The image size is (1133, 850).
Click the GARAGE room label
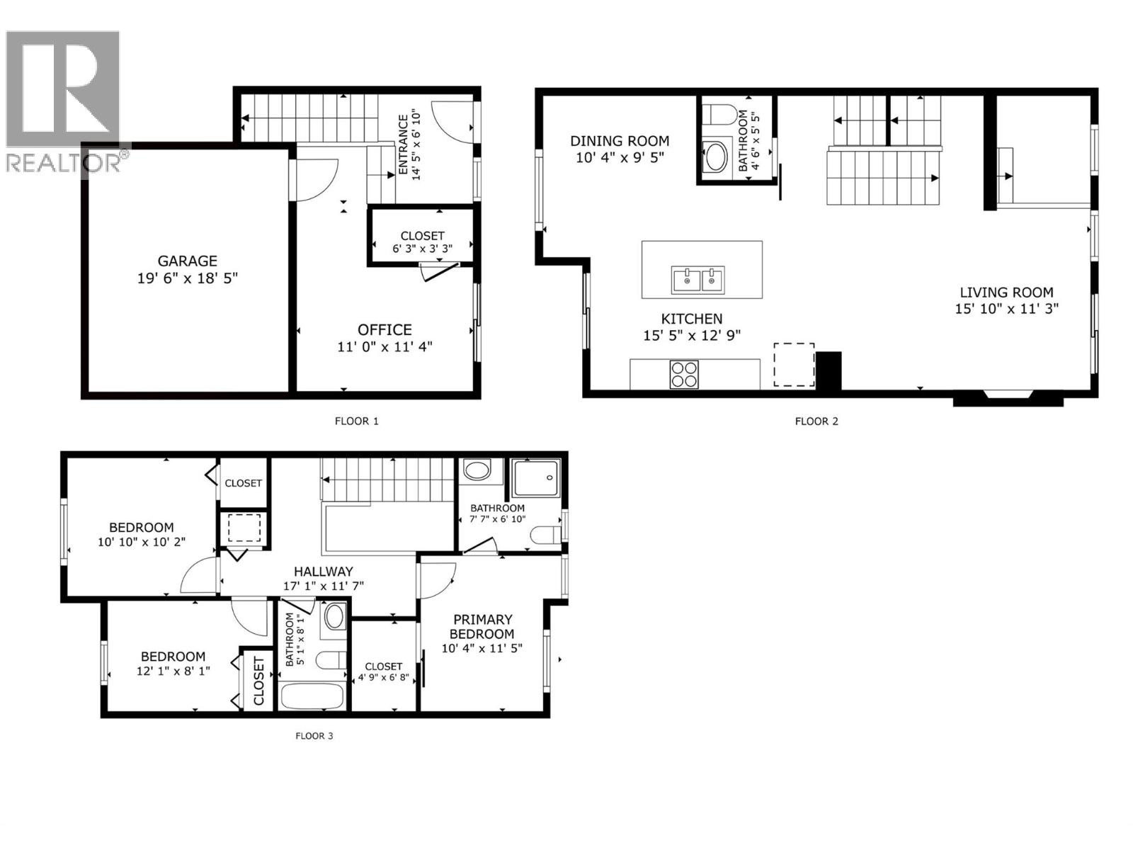[187, 261]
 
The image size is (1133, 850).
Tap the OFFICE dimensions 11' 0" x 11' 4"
[385, 346]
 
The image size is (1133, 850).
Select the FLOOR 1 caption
[356, 421]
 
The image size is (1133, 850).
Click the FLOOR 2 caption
[816, 421]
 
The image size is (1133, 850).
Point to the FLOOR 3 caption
[314, 735]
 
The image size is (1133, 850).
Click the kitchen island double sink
[698, 279]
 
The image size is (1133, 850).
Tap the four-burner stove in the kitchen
[683, 374]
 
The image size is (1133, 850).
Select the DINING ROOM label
[620, 141]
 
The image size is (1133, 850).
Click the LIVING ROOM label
[1006, 292]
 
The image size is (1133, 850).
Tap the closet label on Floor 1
[422, 235]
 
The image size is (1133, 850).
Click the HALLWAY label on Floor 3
[323, 571]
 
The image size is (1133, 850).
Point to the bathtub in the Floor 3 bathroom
[312, 696]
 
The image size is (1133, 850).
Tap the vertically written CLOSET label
[258, 681]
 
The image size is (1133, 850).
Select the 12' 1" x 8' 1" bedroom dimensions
[173, 670]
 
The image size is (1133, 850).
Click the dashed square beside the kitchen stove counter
[793, 365]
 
